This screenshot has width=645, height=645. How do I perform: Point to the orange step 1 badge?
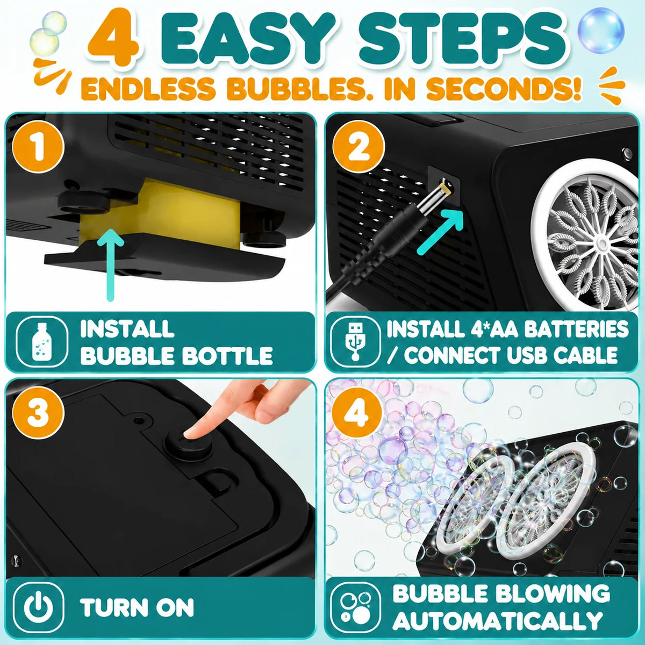point(38,147)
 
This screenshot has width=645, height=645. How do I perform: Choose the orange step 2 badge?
point(357,147)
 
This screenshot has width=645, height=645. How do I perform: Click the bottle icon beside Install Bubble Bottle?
point(42,342)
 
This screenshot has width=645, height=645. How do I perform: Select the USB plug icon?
point(355,342)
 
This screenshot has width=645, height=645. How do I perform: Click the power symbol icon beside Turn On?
point(38,607)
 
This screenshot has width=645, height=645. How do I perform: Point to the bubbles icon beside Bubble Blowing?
point(355,607)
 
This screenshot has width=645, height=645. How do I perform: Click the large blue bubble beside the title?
point(601,30)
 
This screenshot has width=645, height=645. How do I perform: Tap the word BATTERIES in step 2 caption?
point(576,329)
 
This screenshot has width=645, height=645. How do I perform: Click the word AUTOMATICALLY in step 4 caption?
point(497,621)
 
